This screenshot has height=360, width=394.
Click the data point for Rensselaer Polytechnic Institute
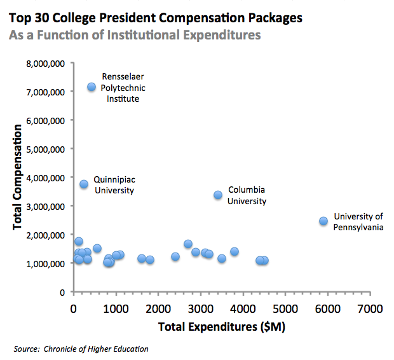pyautogui.click(x=92, y=87)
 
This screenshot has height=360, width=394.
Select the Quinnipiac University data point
pyautogui.click(x=84, y=184)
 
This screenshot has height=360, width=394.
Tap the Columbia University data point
pyautogui.click(x=218, y=195)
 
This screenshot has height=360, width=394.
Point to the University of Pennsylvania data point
pyautogui.click(x=323, y=221)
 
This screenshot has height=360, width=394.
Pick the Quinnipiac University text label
pyautogui.click(x=114, y=184)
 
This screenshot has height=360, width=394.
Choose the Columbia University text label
pyautogui.click(x=247, y=195)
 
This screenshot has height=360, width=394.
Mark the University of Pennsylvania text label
pyautogui.click(x=358, y=221)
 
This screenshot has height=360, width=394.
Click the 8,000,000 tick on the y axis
pyautogui.click(x=46, y=63)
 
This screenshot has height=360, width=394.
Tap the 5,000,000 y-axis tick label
pyautogui.click(x=46, y=149)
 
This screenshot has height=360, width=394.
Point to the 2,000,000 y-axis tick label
pyautogui.click(x=46, y=235)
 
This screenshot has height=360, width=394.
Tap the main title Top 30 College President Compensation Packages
pyautogui.click(x=156, y=17)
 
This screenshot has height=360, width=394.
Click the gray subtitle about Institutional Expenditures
pyautogui.click(x=135, y=35)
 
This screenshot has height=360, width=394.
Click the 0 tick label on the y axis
pyautogui.click(x=62, y=292)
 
